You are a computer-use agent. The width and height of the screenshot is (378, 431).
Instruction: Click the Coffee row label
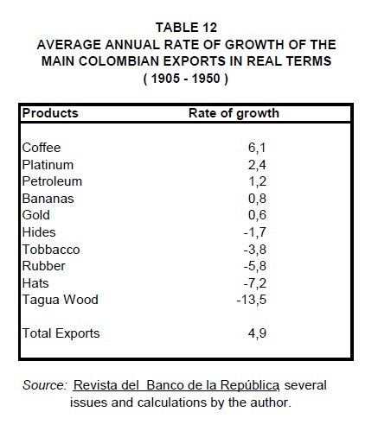[42, 148]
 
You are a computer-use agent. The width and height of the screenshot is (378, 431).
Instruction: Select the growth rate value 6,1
[257, 148]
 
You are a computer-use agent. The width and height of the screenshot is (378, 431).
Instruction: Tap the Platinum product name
[48, 165]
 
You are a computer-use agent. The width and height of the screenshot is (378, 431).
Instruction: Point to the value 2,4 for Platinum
[257, 165]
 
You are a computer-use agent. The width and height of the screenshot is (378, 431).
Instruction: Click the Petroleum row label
[52, 181]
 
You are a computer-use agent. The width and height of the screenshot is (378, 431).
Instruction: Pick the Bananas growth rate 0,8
[257, 199]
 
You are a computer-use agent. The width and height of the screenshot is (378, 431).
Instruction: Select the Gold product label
[36, 215]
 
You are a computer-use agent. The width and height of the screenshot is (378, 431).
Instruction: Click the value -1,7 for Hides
[255, 232]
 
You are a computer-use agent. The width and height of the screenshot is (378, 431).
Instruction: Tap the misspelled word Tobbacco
[51, 250]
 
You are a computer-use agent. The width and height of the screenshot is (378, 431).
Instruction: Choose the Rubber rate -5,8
[255, 266]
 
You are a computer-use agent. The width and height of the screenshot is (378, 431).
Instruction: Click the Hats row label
[35, 283]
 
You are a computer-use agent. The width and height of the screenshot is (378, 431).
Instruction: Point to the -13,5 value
[252, 300]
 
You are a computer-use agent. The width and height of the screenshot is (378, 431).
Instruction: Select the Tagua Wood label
[61, 300]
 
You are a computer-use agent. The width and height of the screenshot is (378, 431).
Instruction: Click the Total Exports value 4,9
[257, 333]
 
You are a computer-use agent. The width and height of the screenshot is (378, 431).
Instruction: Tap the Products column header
[50, 113]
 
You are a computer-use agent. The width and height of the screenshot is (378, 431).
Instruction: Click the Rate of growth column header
[234, 113]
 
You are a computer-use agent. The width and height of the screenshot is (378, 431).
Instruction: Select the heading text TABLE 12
[186, 28]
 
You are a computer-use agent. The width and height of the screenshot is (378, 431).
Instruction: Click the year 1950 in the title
[206, 79]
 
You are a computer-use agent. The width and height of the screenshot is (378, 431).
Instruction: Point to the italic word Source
[45, 385]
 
